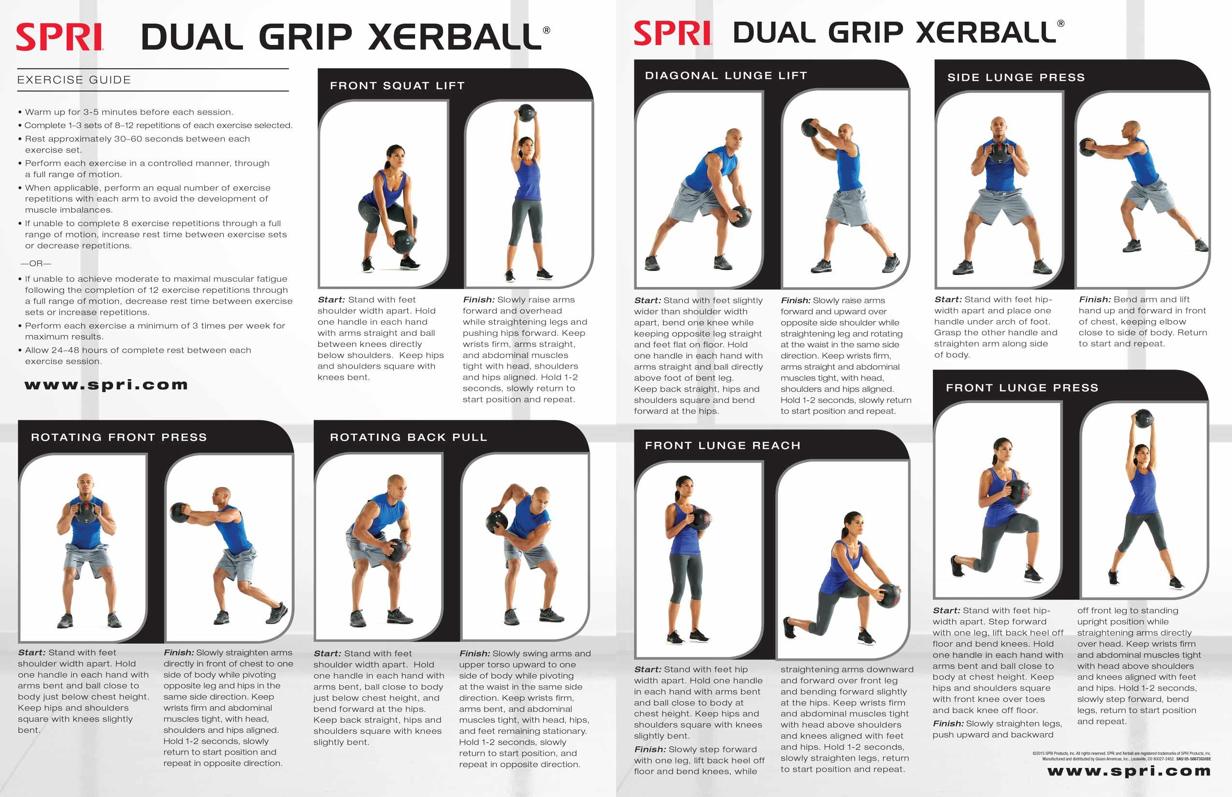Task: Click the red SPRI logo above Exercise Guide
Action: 60,37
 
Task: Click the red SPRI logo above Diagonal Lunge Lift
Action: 673,34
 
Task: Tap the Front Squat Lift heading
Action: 397,86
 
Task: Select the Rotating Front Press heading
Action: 118,437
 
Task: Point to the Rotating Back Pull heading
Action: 408,437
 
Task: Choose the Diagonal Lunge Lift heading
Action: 726,75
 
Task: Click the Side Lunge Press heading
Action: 1016,78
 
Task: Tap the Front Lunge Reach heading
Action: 723,445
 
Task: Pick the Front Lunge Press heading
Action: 1022,387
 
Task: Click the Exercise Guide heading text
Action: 74,80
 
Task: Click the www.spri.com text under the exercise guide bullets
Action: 106,384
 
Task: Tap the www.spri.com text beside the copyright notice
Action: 1129,771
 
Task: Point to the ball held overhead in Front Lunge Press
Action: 1143,418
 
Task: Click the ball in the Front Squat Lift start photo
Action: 404,241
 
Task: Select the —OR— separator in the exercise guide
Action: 36,263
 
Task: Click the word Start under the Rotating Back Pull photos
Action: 327,654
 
